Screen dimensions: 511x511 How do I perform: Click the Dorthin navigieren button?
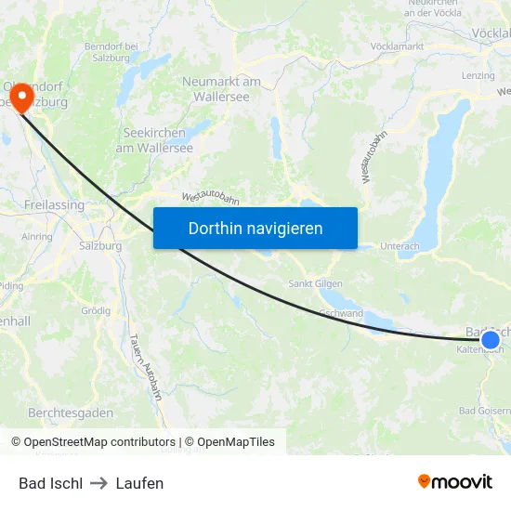pos(255,228)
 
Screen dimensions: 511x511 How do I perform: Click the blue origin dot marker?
pos(490,340)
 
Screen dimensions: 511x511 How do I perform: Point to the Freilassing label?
pos(54,204)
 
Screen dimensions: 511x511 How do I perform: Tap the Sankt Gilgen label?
pos(316,283)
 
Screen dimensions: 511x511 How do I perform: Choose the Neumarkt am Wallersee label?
pos(221,89)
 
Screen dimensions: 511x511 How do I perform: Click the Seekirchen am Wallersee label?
pos(158,140)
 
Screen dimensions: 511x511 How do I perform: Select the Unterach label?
pos(400,246)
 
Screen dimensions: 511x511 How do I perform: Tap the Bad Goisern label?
pos(483,411)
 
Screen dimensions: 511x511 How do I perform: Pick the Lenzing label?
pos(478,75)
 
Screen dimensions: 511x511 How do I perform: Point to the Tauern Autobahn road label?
pos(146,367)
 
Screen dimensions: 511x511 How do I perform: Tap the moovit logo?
pos(455,481)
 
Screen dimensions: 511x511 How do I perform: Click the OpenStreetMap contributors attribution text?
pos(93,442)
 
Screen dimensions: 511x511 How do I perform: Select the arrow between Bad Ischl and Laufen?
pos(99,483)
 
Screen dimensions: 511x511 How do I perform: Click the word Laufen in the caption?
pos(139,483)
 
